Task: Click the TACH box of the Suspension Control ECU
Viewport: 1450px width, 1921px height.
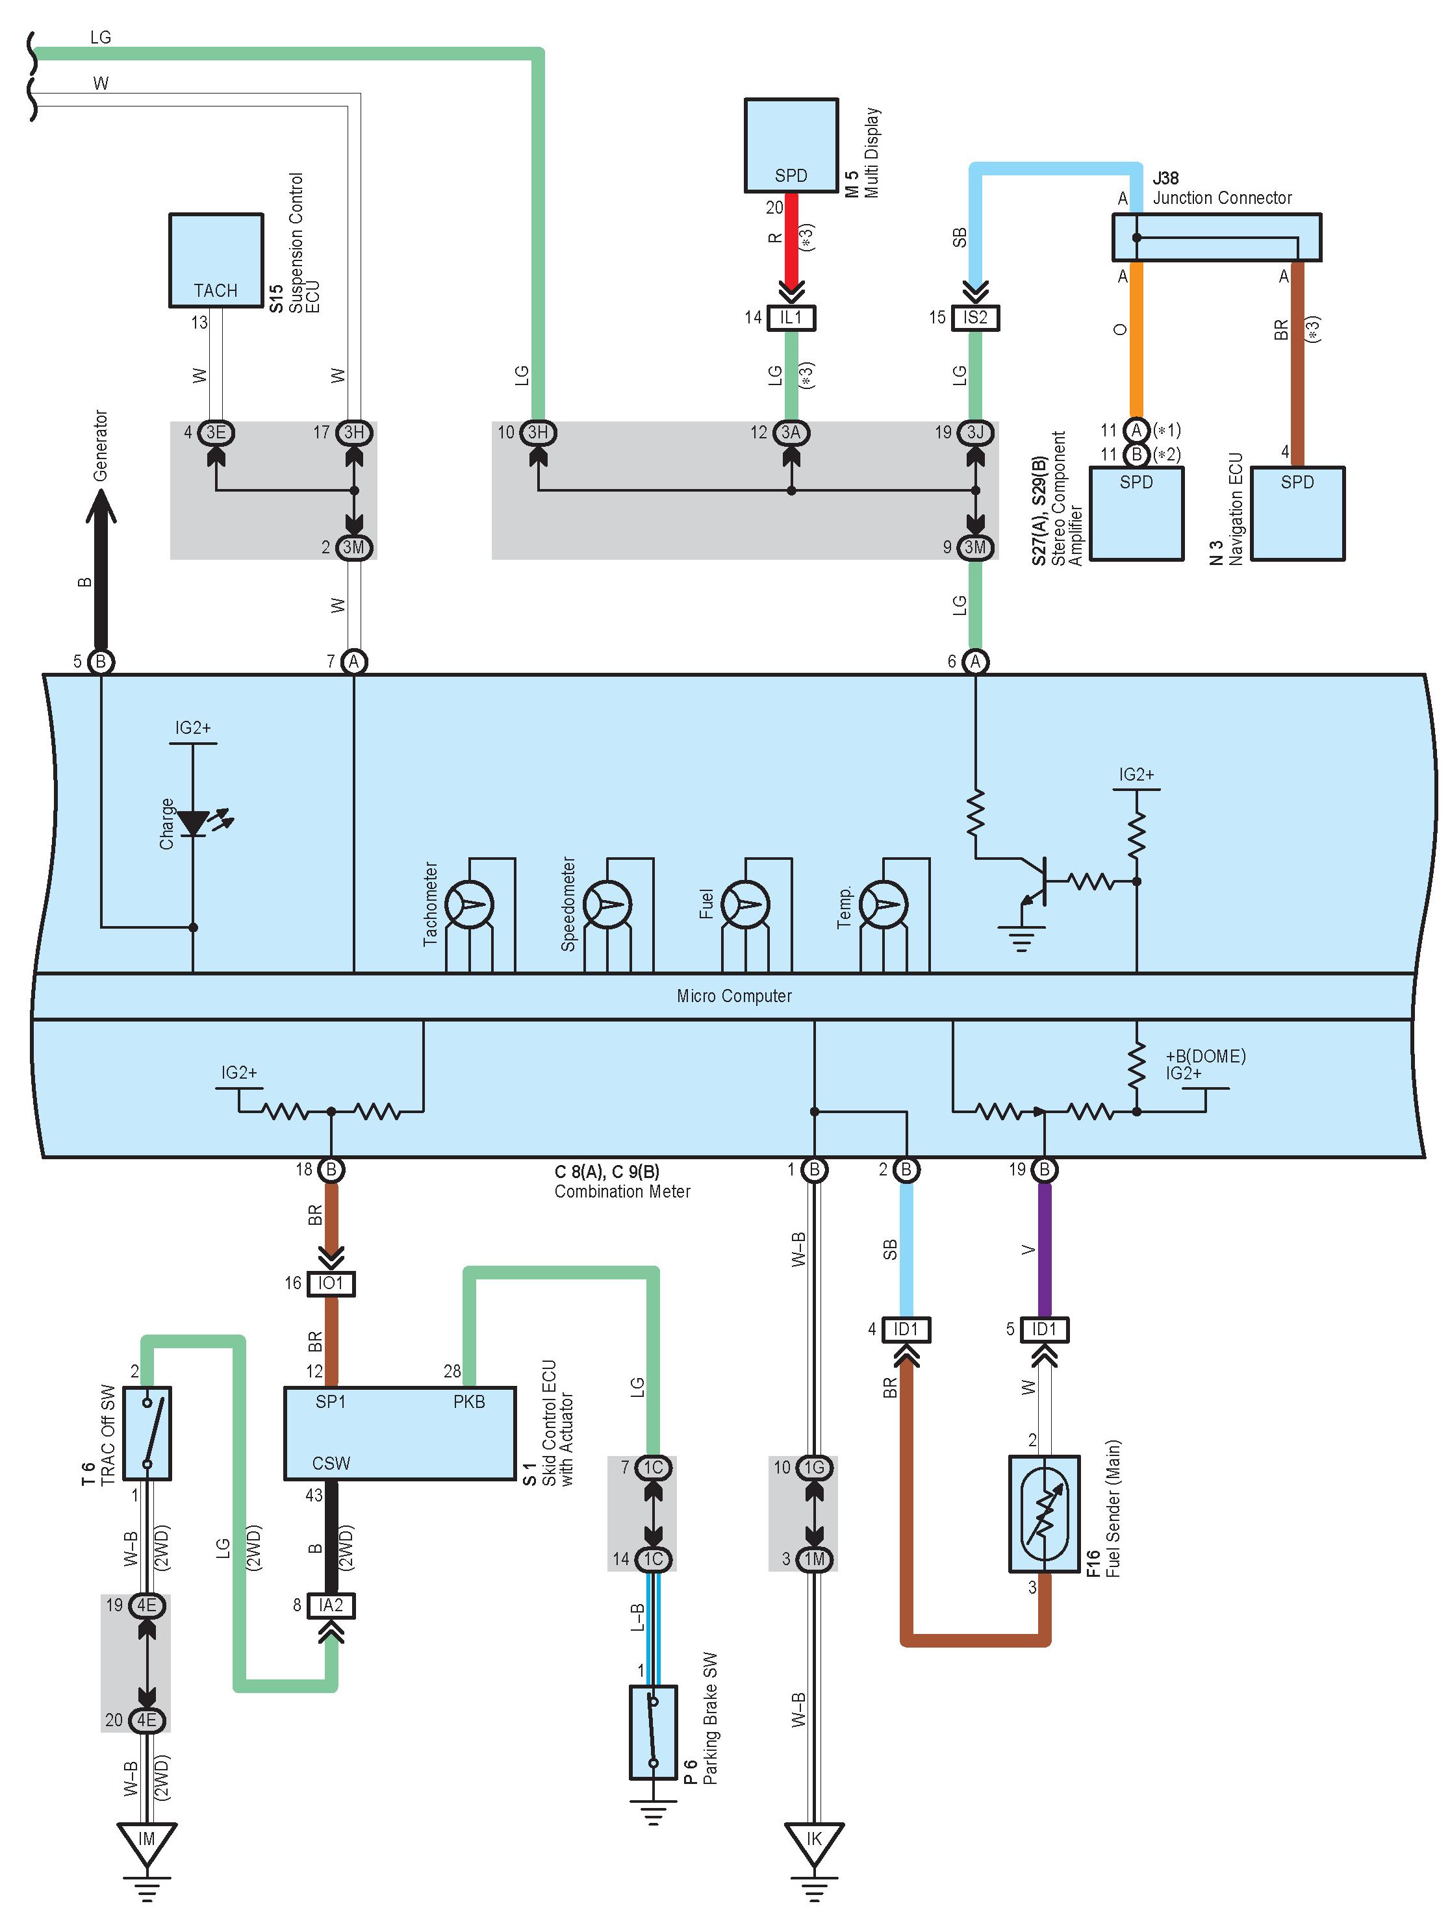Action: click(216, 260)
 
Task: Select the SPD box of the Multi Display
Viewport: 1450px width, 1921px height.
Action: click(791, 145)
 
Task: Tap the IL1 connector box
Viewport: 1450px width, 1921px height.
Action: click(791, 318)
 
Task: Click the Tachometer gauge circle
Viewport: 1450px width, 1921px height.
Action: click(469, 905)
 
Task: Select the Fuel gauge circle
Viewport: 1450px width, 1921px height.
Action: click(745, 905)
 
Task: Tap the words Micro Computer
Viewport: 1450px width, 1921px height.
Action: click(734, 996)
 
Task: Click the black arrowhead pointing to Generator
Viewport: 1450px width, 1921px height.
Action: click(101, 507)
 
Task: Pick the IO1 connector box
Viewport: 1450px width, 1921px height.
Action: click(331, 1283)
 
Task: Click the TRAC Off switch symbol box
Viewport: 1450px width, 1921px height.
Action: click(147, 1433)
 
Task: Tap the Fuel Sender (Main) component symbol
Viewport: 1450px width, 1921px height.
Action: click(1044, 1514)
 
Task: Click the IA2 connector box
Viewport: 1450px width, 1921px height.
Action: click(331, 1605)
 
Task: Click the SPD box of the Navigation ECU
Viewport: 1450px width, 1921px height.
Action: click(1297, 513)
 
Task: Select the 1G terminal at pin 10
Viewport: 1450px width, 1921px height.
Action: click(814, 1468)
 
